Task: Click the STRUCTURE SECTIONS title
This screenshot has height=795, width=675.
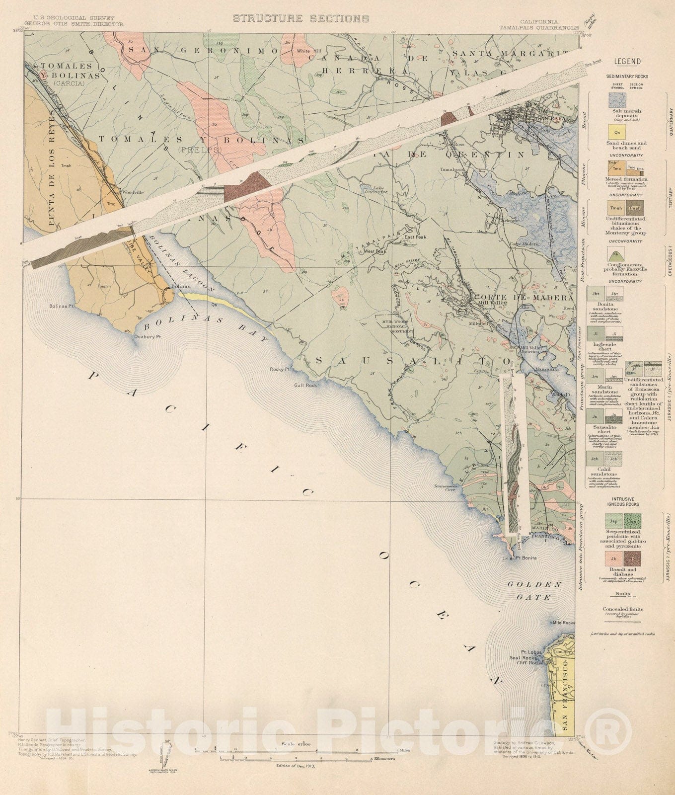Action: [x=301, y=19]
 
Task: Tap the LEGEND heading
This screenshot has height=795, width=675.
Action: [x=628, y=62]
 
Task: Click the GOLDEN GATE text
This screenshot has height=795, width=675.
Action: [x=534, y=591]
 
